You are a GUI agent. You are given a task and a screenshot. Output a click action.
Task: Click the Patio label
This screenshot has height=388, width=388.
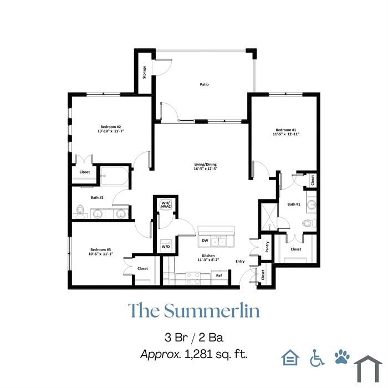(x=204, y=84)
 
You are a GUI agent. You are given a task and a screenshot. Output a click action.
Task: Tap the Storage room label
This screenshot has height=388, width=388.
(x=145, y=72)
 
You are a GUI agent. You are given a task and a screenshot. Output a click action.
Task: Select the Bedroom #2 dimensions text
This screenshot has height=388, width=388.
(x=111, y=131)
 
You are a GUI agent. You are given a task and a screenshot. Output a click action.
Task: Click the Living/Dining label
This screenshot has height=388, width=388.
(x=206, y=164)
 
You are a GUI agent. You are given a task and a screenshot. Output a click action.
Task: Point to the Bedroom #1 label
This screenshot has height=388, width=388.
(x=286, y=130)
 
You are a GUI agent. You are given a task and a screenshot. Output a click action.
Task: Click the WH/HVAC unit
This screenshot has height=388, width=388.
(x=166, y=205)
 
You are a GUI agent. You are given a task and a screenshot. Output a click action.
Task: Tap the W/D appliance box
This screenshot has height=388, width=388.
(x=166, y=246)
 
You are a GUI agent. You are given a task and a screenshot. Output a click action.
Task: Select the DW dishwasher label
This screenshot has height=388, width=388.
(x=205, y=241)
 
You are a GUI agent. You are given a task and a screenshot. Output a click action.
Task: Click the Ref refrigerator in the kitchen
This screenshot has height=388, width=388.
(x=219, y=277)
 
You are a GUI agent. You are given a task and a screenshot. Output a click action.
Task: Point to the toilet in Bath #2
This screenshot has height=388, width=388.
(x=80, y=212)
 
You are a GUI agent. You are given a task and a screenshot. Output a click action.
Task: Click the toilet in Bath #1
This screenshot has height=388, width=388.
(x=309, y=223)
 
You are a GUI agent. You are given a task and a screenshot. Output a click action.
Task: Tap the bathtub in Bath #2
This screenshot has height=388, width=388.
(x=115, y=176)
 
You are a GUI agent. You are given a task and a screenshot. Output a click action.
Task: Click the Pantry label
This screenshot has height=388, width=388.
(x=267, y=247)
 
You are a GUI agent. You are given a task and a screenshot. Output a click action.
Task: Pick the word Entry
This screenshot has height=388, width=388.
(x=240, y=261)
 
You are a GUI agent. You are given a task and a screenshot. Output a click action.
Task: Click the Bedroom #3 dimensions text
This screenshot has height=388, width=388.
(x=101, y=254)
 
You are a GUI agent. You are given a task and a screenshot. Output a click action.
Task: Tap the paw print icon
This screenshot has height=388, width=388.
(x=342, y=356)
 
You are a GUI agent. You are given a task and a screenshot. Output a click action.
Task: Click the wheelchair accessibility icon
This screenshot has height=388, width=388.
(x=317, y=358)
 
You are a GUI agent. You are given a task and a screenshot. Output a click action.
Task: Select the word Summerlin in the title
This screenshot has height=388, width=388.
(x=212, y=310)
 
